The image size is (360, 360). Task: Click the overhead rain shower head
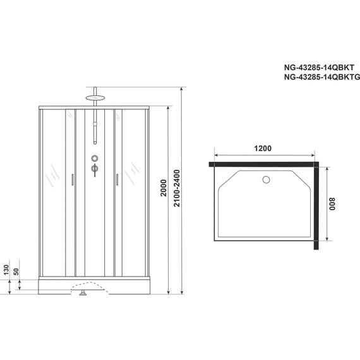click(x=95, y=97)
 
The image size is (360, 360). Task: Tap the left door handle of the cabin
click(x=73, y=179)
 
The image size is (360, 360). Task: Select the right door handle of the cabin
click(x=117, y=179)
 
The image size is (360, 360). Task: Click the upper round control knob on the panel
click(x=95, y=159)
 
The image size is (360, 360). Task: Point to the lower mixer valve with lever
click(x=95, y=169)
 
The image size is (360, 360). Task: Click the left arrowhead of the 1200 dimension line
click(x=217, y=155)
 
